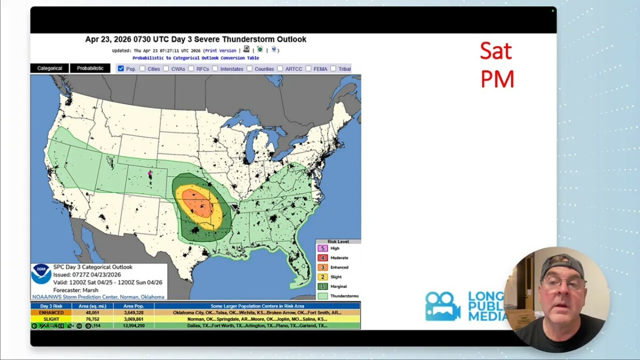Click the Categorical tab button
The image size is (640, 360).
click(50, 68)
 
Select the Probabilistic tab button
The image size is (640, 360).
click(90, 68)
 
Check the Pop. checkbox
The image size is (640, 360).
click(121, 69)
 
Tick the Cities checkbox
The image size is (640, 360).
click(142, 69)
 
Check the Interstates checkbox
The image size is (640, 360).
click(215, 69)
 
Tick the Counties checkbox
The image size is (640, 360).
click(250, 69)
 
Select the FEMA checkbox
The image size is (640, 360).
click(308, 69)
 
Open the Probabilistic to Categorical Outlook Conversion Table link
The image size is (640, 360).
click(196, 58)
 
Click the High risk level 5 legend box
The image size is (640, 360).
click(323, 249)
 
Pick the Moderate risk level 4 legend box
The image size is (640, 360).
click(323, 258)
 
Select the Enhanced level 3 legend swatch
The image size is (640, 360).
click(323, 267)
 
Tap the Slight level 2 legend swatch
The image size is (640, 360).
click(323, 277)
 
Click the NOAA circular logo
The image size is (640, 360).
click(41, 274)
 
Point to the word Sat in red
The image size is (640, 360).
click(495, 51)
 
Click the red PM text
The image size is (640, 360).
click(497, 79)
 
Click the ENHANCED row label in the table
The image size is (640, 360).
click(51, 313)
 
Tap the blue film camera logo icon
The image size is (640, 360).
click(442, 306)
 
